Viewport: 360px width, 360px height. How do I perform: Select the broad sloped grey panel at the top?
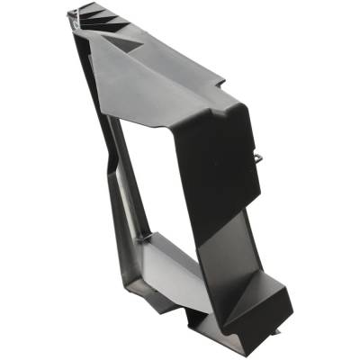153,76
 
